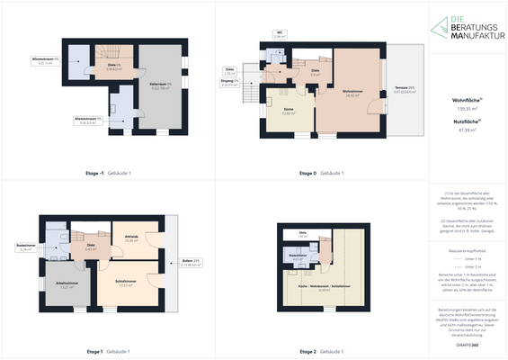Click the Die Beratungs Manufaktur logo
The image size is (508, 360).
[466, 27]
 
